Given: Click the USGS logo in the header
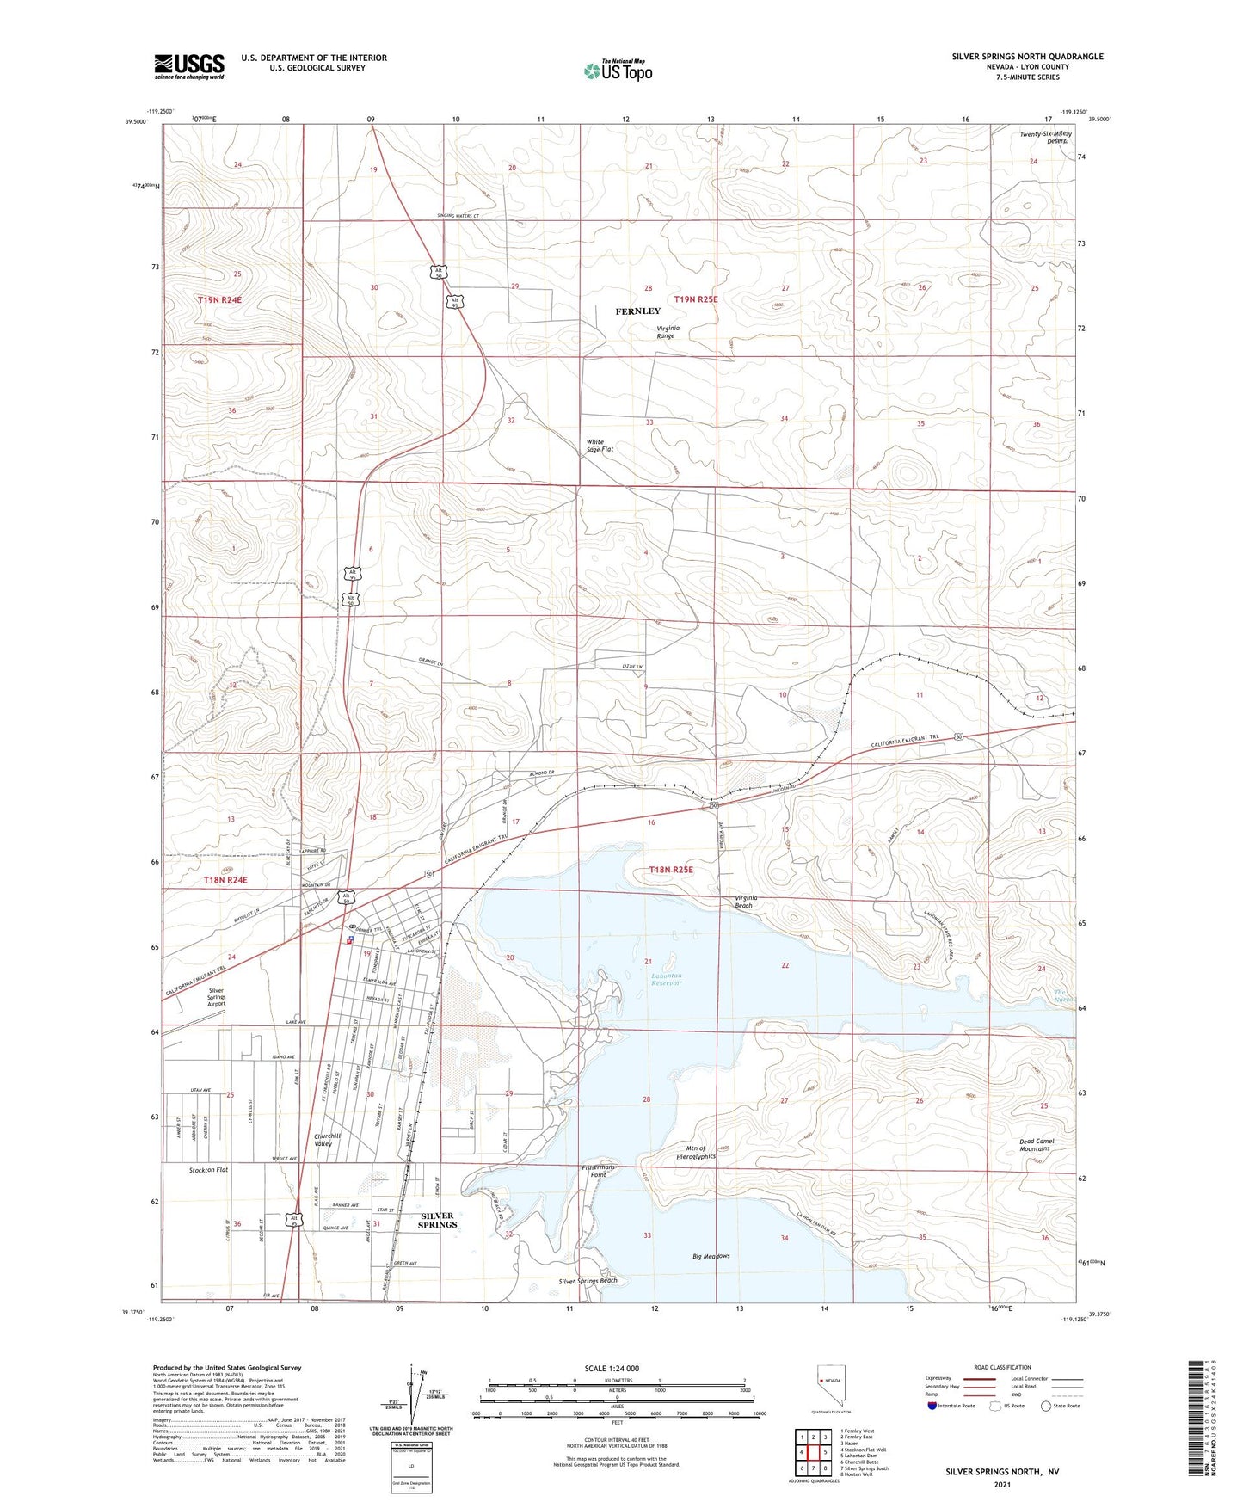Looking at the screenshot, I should (x=189, y=66).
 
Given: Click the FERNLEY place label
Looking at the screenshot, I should (x=637, y=311).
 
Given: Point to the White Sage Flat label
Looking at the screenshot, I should (x=595, y=446).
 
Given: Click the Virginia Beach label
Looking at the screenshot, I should (x=743, y=902).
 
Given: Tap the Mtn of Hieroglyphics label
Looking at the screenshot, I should (x=695, y=1153).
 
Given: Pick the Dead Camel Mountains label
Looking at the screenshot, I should (x=1036, y=1145).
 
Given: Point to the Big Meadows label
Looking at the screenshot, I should (x=711, y=1256).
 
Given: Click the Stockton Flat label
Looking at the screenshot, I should (x=209, y=1170).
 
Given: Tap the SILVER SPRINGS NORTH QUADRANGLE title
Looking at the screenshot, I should (x=1027, y=57).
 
